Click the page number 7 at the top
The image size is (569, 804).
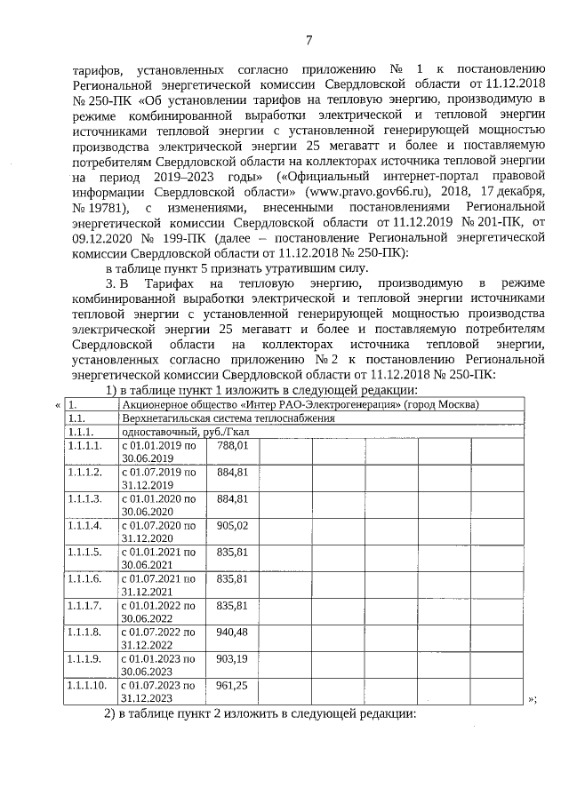pyautogui.click(x=309, y=40)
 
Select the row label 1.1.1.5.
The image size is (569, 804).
pyautogui.click(x=84, y=552)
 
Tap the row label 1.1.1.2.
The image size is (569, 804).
pyautogui.click(x=84, y=471)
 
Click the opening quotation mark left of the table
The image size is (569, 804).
pyautogui.click(x=59, y=405)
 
